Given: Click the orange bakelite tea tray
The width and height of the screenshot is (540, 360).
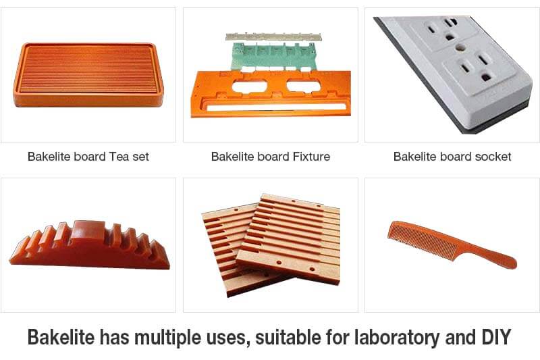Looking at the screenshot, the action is (88, 74).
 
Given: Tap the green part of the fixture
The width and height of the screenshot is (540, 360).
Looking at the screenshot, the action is (273, 55).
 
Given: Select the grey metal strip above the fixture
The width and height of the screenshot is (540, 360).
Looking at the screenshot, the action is (273, 37).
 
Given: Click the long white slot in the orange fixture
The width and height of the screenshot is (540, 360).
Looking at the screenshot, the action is (276, 107).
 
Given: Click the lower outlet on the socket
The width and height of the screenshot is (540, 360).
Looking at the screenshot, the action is (478, 68).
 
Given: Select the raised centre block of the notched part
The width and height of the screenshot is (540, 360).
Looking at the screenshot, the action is (89, 232).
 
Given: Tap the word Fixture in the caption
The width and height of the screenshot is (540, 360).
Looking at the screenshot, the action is (311, 157).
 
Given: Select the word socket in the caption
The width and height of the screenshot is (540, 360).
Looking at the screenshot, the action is (493, 157).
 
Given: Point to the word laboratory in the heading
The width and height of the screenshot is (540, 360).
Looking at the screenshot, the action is (398, 338).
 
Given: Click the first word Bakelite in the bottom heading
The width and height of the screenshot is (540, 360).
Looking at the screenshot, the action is (61, 336).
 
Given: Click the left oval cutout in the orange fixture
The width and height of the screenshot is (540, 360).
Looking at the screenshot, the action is (249, 86).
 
